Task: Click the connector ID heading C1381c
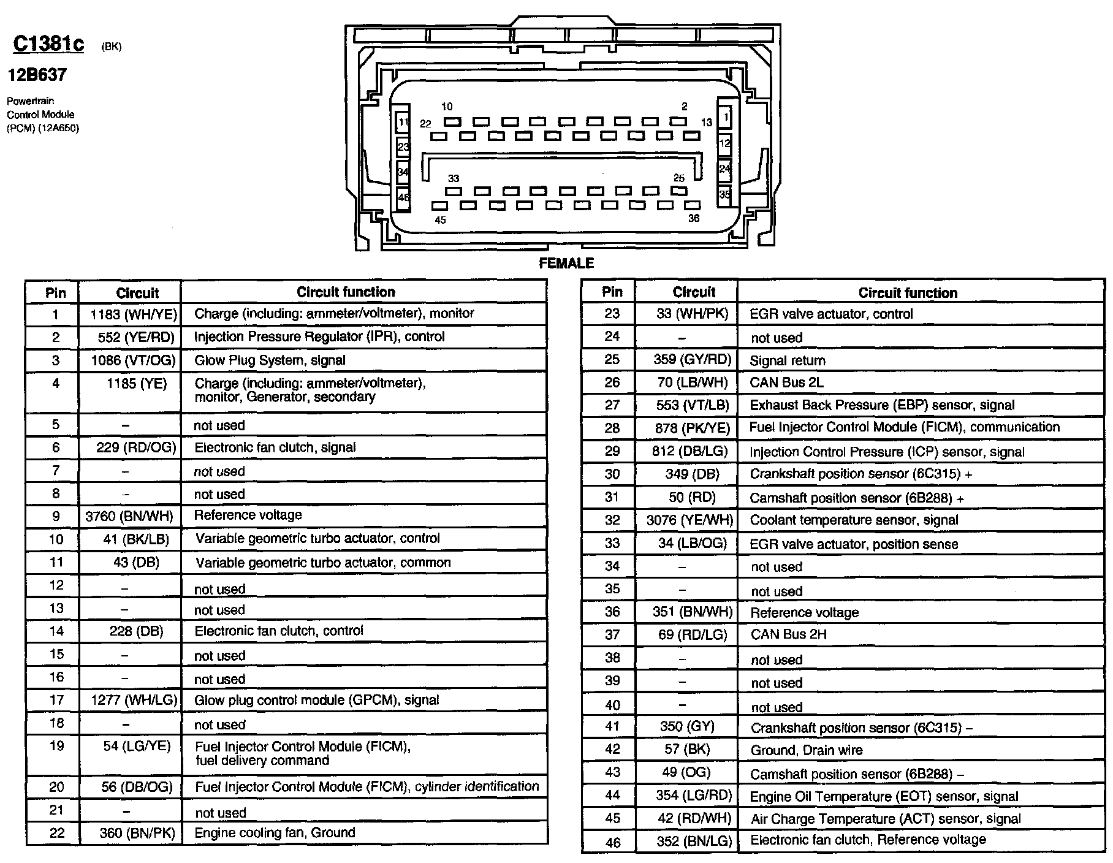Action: pos(48,44)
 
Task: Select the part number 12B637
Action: pos(37,75)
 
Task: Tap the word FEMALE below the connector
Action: pos(566,264)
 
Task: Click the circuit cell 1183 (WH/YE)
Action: pos(134,314)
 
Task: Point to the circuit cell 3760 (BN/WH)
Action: pos(129,516)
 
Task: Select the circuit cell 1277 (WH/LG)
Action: pos(134,700)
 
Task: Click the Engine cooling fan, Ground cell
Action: pos(275,833)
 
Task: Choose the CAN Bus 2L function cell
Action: pos(786,383)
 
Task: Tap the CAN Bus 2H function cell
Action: pos(788,634)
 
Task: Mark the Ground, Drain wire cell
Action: pos(806,750)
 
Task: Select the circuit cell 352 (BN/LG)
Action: pos(694,842)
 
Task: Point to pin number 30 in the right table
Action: pos(612,474)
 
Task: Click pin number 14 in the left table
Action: pos(56,631)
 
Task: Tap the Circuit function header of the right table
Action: pos(907,293)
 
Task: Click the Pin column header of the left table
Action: pos(56,293)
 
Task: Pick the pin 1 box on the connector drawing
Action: pos(726,117)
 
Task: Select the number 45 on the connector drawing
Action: pos(440,220)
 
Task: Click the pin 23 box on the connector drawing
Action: pos(403,147)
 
